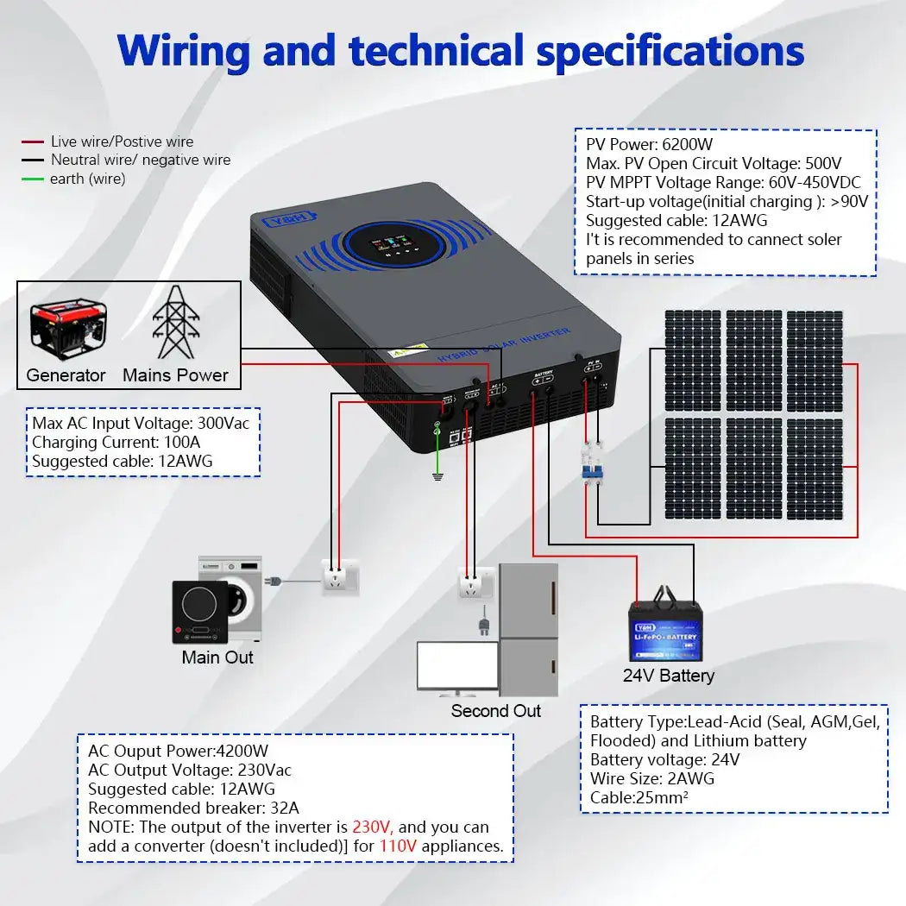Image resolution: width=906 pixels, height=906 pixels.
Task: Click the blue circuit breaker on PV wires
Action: tap(593, 463)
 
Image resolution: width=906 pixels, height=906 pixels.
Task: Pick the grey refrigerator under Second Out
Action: tap(528, 630)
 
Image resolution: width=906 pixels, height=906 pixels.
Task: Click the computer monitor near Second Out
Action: tap(456, 666)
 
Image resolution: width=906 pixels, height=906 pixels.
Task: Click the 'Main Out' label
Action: tap(217, 657)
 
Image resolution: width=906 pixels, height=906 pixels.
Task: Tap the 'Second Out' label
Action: tap(495, 711)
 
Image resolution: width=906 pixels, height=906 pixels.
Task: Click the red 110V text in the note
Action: tap(398, 846)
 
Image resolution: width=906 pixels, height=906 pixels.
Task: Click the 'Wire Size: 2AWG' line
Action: tap(652, 779)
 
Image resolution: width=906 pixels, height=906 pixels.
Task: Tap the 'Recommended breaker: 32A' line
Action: tap(193, 808)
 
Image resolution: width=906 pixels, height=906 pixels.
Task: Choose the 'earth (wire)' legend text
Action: tap(87, 179)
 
